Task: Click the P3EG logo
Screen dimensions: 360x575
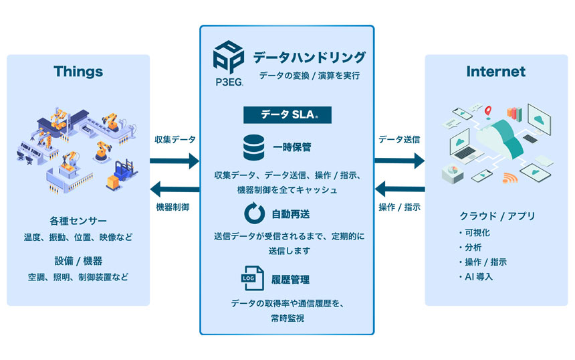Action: tap(227, 64)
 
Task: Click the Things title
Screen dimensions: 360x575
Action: tap(78, 72)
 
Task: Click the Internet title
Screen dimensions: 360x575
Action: tap(495, 72)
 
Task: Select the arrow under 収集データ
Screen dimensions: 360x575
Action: tap(175, 161)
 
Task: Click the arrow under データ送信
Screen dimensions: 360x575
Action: tap(399, 161)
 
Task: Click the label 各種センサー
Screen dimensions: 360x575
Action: tap(78, 221)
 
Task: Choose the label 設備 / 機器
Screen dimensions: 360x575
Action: tap(78, 261)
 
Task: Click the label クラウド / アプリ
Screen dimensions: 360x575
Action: tap(495, 216)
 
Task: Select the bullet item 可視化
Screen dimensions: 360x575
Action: tap(477, 232)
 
